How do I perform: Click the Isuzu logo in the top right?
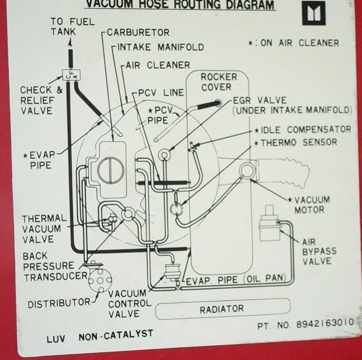tap(313, 13)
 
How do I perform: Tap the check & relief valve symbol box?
tap(70, 74)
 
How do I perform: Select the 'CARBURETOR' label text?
tap(138, 33)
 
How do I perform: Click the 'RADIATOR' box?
tap(222, 309)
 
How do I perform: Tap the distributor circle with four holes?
tap(100, 279)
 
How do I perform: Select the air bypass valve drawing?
tap(268, 225)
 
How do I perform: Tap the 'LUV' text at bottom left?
tap(57, 340)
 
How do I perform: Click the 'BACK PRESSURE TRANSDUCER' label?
tap(49, 266)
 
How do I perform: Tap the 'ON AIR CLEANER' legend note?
tap(294, 43)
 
